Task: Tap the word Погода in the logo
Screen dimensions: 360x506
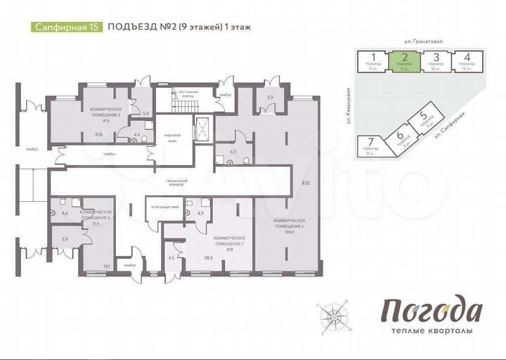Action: tap(432, 310)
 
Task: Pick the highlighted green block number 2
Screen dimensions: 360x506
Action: tap(405, 60)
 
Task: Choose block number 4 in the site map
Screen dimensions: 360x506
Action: tap(466, 60)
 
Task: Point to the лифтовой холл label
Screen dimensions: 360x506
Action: tap(173, 136)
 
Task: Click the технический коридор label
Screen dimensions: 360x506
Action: tap(171, 182)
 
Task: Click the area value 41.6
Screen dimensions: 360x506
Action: tap(106, 121)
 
